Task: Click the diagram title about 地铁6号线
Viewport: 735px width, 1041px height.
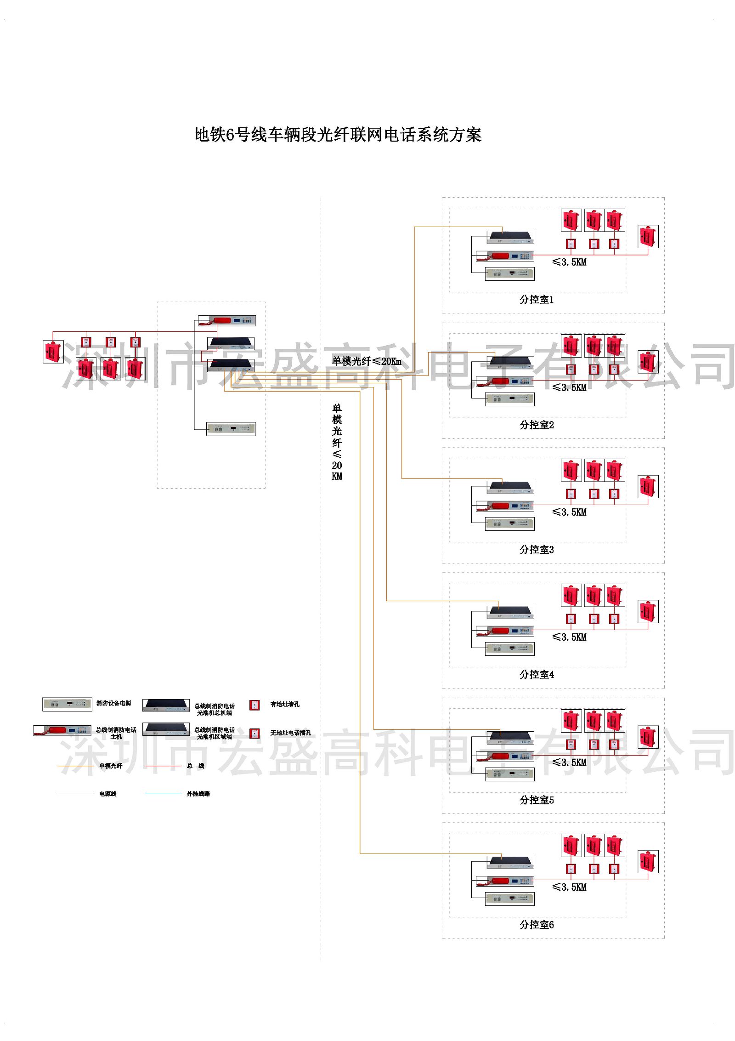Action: click(338, 135)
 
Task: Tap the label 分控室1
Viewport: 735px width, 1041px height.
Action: click(536, 300)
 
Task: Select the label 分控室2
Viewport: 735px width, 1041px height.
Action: click(536, 425)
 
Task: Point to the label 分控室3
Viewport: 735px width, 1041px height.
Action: click(536, 550)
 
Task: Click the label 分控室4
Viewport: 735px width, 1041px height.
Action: click(536, 675)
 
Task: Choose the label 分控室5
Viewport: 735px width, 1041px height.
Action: click(536, 800)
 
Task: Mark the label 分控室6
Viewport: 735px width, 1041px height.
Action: click(536, 925)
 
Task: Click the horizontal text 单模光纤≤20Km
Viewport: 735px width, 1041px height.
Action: click(367, 361)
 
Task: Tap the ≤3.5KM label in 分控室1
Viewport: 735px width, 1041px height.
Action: click(569, 262)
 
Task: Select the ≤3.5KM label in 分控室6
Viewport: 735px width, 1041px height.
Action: click(569, 887)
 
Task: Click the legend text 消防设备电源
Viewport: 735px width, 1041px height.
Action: click(113, 703)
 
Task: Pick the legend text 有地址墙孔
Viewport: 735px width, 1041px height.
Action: click(285, 704)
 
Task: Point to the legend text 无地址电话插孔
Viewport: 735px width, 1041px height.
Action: click(290, 733)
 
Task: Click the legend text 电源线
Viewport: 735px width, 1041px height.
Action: click(108, 794)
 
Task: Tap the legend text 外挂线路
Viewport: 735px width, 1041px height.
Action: click(198, 794)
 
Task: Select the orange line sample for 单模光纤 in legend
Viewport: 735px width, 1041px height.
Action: click(75, 766)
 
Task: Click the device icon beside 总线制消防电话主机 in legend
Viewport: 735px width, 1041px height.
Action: click(62, 730)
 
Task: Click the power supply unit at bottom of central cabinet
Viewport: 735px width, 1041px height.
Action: click(231, 429)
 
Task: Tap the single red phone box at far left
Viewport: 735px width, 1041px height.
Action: click(53, 352)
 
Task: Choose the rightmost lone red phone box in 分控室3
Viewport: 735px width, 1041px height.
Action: click(648, 487)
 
